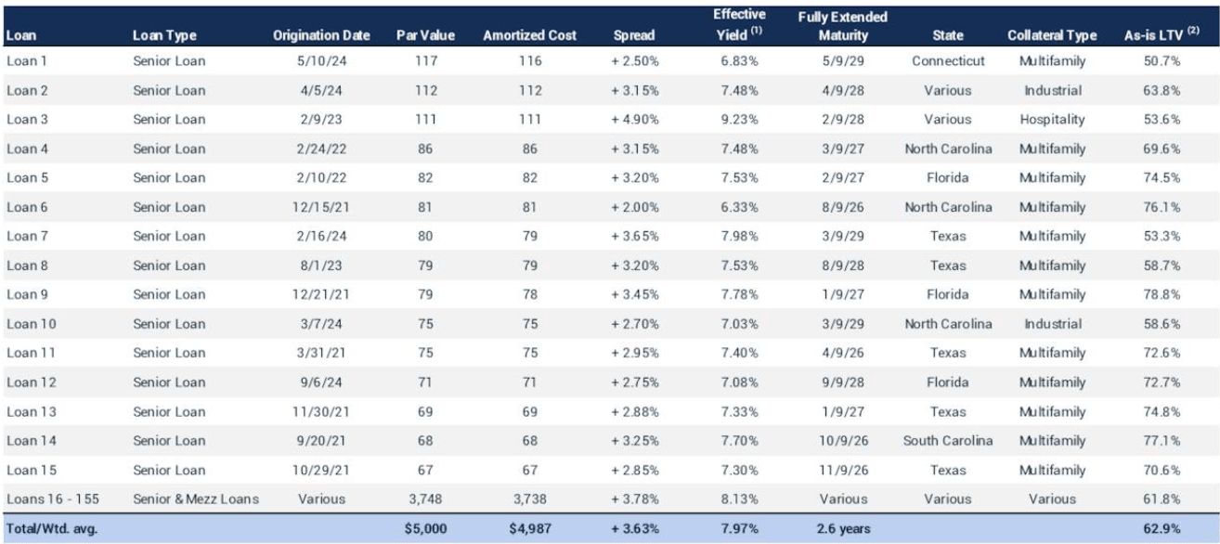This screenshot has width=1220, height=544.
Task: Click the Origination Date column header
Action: [x=321, y=35]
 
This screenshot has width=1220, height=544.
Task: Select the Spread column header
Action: [x=634, y=35]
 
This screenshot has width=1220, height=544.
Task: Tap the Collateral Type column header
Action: [x=1046, y=35]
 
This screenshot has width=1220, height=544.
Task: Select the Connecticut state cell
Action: [x=948, y=61]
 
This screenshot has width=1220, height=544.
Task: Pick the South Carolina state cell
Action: [x=948, y=440]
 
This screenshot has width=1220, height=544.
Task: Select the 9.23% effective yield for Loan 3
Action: [x=739, y=120]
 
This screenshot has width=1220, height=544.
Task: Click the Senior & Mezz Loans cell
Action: [x=196, y=499]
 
